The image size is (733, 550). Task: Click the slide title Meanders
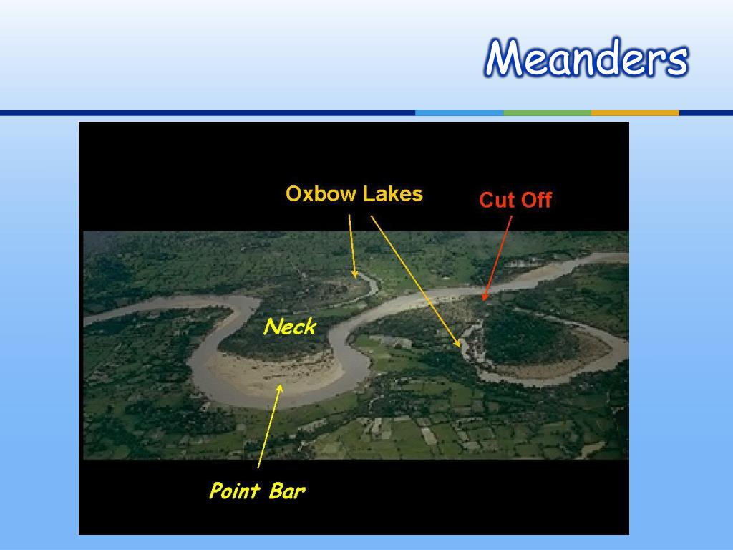coord(586,58)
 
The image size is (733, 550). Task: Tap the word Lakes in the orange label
coord(393,193)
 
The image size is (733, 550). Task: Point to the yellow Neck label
coord(290,327)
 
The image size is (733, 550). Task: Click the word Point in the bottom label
coord(235,491)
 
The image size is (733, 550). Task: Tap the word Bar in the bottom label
coord(287,491)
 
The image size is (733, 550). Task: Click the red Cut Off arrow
coord(498,258)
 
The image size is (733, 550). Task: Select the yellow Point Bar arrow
coord(270,425)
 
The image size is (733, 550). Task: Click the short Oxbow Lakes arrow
coord(352,246)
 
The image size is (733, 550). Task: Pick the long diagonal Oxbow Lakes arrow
coord(416,281)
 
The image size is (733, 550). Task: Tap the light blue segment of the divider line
coord(459,112)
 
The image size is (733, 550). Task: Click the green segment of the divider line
coord(548,112)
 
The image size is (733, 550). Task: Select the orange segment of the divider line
coord(636,112)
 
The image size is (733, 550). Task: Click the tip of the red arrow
coord(483,301)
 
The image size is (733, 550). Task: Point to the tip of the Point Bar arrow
coord(281,384)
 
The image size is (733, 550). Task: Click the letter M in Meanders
coord(505,58)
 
